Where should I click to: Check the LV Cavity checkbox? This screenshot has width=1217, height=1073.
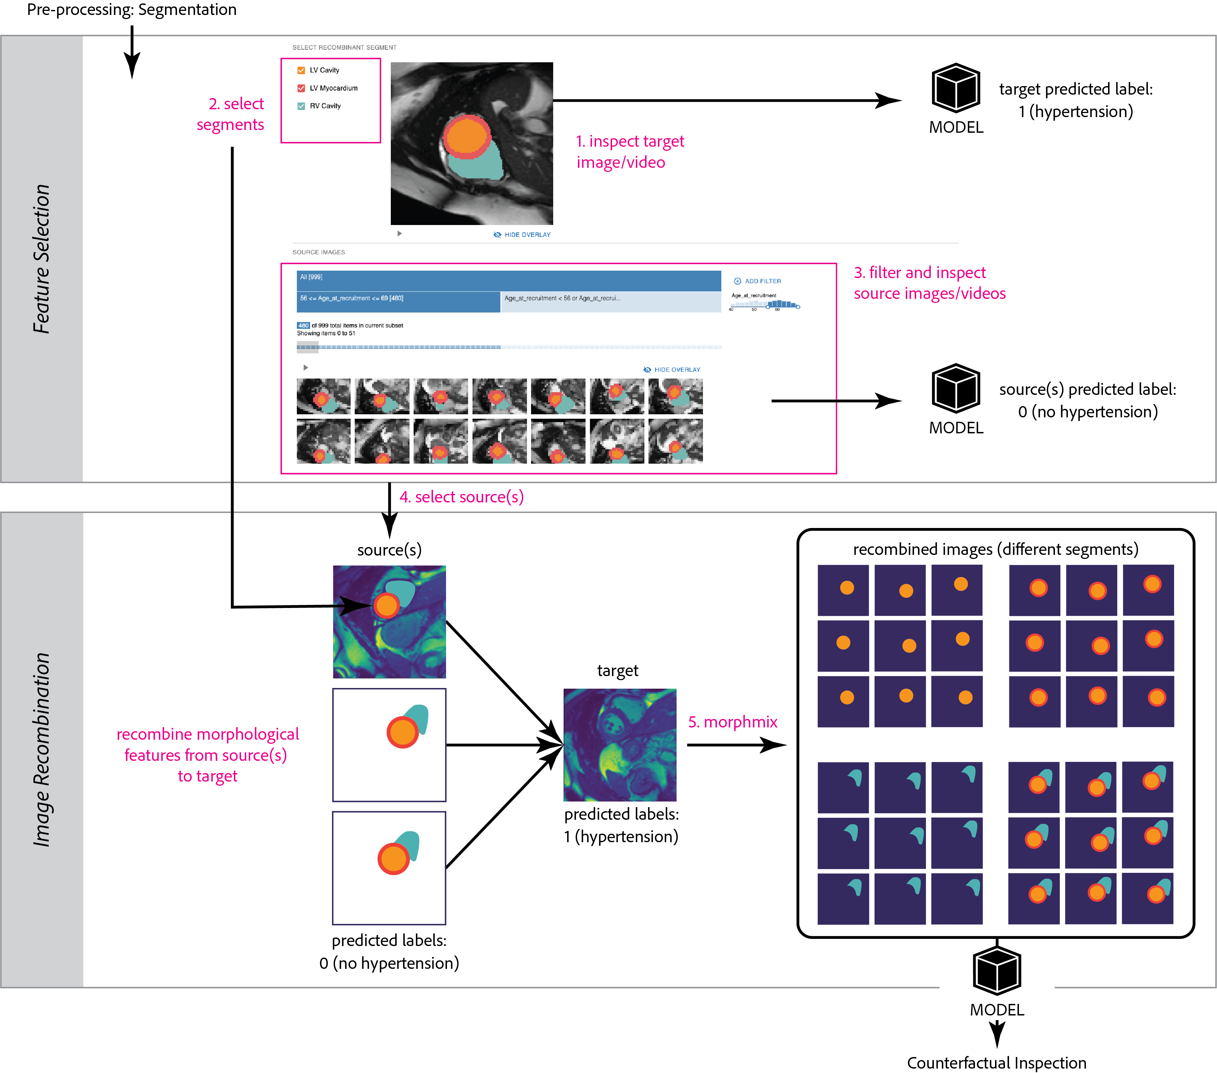[x=301, y=70]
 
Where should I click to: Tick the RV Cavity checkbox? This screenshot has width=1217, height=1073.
[x=301, y=106]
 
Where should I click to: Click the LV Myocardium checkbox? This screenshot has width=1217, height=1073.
[x=301, y=88]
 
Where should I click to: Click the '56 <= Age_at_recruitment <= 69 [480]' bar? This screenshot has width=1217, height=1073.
[x=398, y=301]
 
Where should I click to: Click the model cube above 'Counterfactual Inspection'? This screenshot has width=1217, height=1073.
[x=997, y=971]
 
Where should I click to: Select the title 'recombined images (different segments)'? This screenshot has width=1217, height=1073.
[x=995, y=549]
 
